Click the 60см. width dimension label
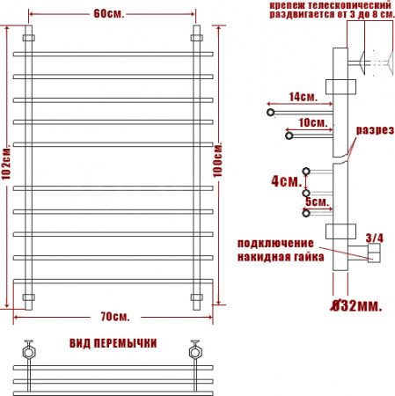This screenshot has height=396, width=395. tap(109, 13)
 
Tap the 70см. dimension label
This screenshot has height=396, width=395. tap(115, 317)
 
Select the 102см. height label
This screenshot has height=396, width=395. tap(6, 164)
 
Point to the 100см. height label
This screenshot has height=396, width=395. tap(217, 160)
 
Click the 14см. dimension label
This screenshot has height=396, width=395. tap(304, 97)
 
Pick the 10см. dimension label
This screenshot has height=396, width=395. tap(313, 122)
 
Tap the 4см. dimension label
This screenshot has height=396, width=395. tap(287, 181)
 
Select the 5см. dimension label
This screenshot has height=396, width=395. tap(318, 202)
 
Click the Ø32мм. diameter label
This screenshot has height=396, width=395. tap(356, 306)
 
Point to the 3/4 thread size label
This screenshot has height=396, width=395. tap(375, 238)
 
